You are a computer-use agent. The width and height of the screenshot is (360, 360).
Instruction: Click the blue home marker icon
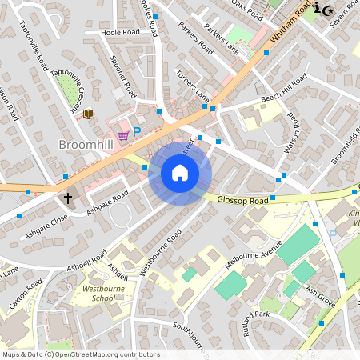click(x=180, y=172)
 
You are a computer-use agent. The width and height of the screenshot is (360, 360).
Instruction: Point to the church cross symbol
click(x=68, y=197)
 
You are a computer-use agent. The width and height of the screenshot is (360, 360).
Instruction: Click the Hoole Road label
click(x=120, y=33)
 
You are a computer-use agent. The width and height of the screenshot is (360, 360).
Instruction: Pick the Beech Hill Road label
click(x=284, y=89)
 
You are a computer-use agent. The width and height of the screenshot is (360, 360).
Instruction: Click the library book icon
click(x=88, y=114)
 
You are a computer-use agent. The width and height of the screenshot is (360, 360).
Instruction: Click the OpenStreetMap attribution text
click(x=80, y=354)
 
